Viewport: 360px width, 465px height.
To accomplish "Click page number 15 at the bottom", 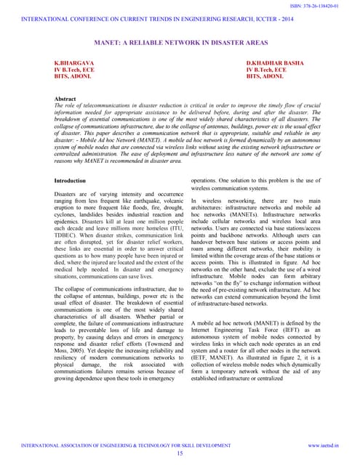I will click(x=180, y=453).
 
